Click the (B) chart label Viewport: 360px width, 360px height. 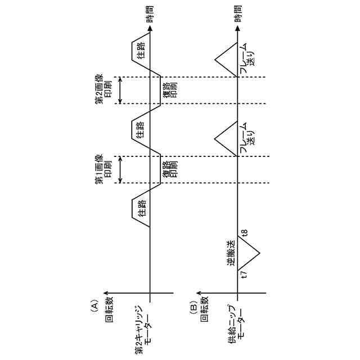[193, 305]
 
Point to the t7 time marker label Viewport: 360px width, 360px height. [244, 276]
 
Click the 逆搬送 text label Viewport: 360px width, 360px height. [231, 254]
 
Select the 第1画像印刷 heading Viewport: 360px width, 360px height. [102, 169]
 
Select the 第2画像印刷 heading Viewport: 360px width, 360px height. [102, 90]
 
